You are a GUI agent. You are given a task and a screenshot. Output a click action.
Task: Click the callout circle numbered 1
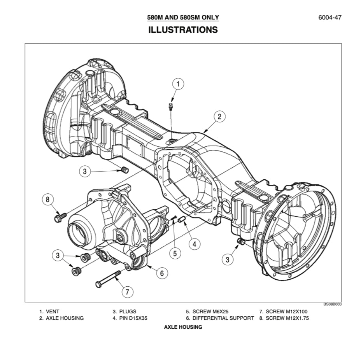178,84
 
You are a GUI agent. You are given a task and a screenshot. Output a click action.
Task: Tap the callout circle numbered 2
219,116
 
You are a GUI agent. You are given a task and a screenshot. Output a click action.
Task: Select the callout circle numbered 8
47,200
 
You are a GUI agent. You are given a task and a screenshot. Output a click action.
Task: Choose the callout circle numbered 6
162,273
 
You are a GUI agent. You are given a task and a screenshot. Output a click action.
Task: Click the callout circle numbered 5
175,253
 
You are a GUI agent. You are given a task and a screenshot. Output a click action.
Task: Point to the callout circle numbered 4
195,244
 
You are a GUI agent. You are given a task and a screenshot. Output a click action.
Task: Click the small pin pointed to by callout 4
181,221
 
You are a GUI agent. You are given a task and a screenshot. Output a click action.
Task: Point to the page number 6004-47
330,18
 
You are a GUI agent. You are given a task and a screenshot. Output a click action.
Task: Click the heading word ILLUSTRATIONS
183,30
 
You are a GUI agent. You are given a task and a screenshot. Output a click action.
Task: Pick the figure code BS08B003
332,305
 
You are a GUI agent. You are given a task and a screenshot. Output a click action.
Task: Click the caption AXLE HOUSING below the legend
183,327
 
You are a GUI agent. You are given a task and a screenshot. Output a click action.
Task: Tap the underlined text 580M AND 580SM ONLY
183,18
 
